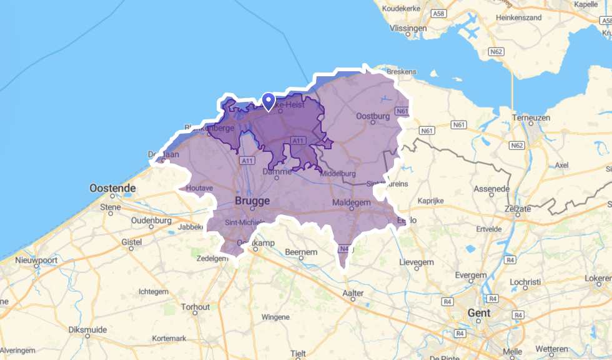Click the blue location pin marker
[x=269, y=101]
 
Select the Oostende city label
[x=112, y=188]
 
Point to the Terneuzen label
[x=530, y=117]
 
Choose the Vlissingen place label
[x=408, y=28]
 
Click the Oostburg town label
[x=372, y=116]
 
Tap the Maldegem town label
[x=352, y=203]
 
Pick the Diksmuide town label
[x=87, y=329]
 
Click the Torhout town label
[x=195, y=307]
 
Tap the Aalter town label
[x=354, y=292]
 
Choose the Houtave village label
[x=200, y=187]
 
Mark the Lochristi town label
[x=525, y=282]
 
